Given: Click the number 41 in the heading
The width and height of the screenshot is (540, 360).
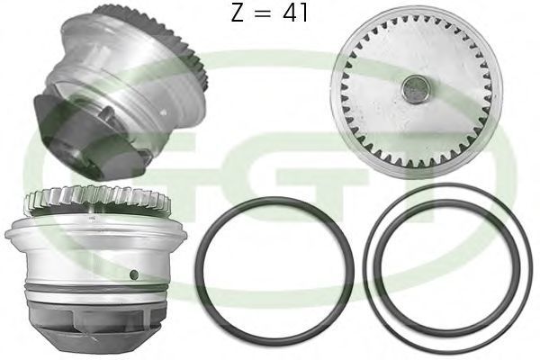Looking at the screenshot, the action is pyautogui.click(x=295, y=13).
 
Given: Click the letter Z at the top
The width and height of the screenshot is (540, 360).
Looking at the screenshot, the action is pyautogui.click(x=238, y=13).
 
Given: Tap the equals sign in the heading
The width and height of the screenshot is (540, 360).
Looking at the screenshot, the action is pyautogui.click(x=263, y=13).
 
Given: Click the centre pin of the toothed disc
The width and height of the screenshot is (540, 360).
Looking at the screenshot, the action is pyautogui.click(x=416, y=89).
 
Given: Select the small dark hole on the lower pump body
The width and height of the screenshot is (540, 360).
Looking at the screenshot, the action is pyautogui.click(x=134, y=274).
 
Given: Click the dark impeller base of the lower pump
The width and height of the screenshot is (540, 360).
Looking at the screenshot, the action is pyautogui.click(x=95, y=321).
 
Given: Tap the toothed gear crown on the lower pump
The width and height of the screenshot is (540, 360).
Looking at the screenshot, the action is pyautogui.click(x=97, y=199).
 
